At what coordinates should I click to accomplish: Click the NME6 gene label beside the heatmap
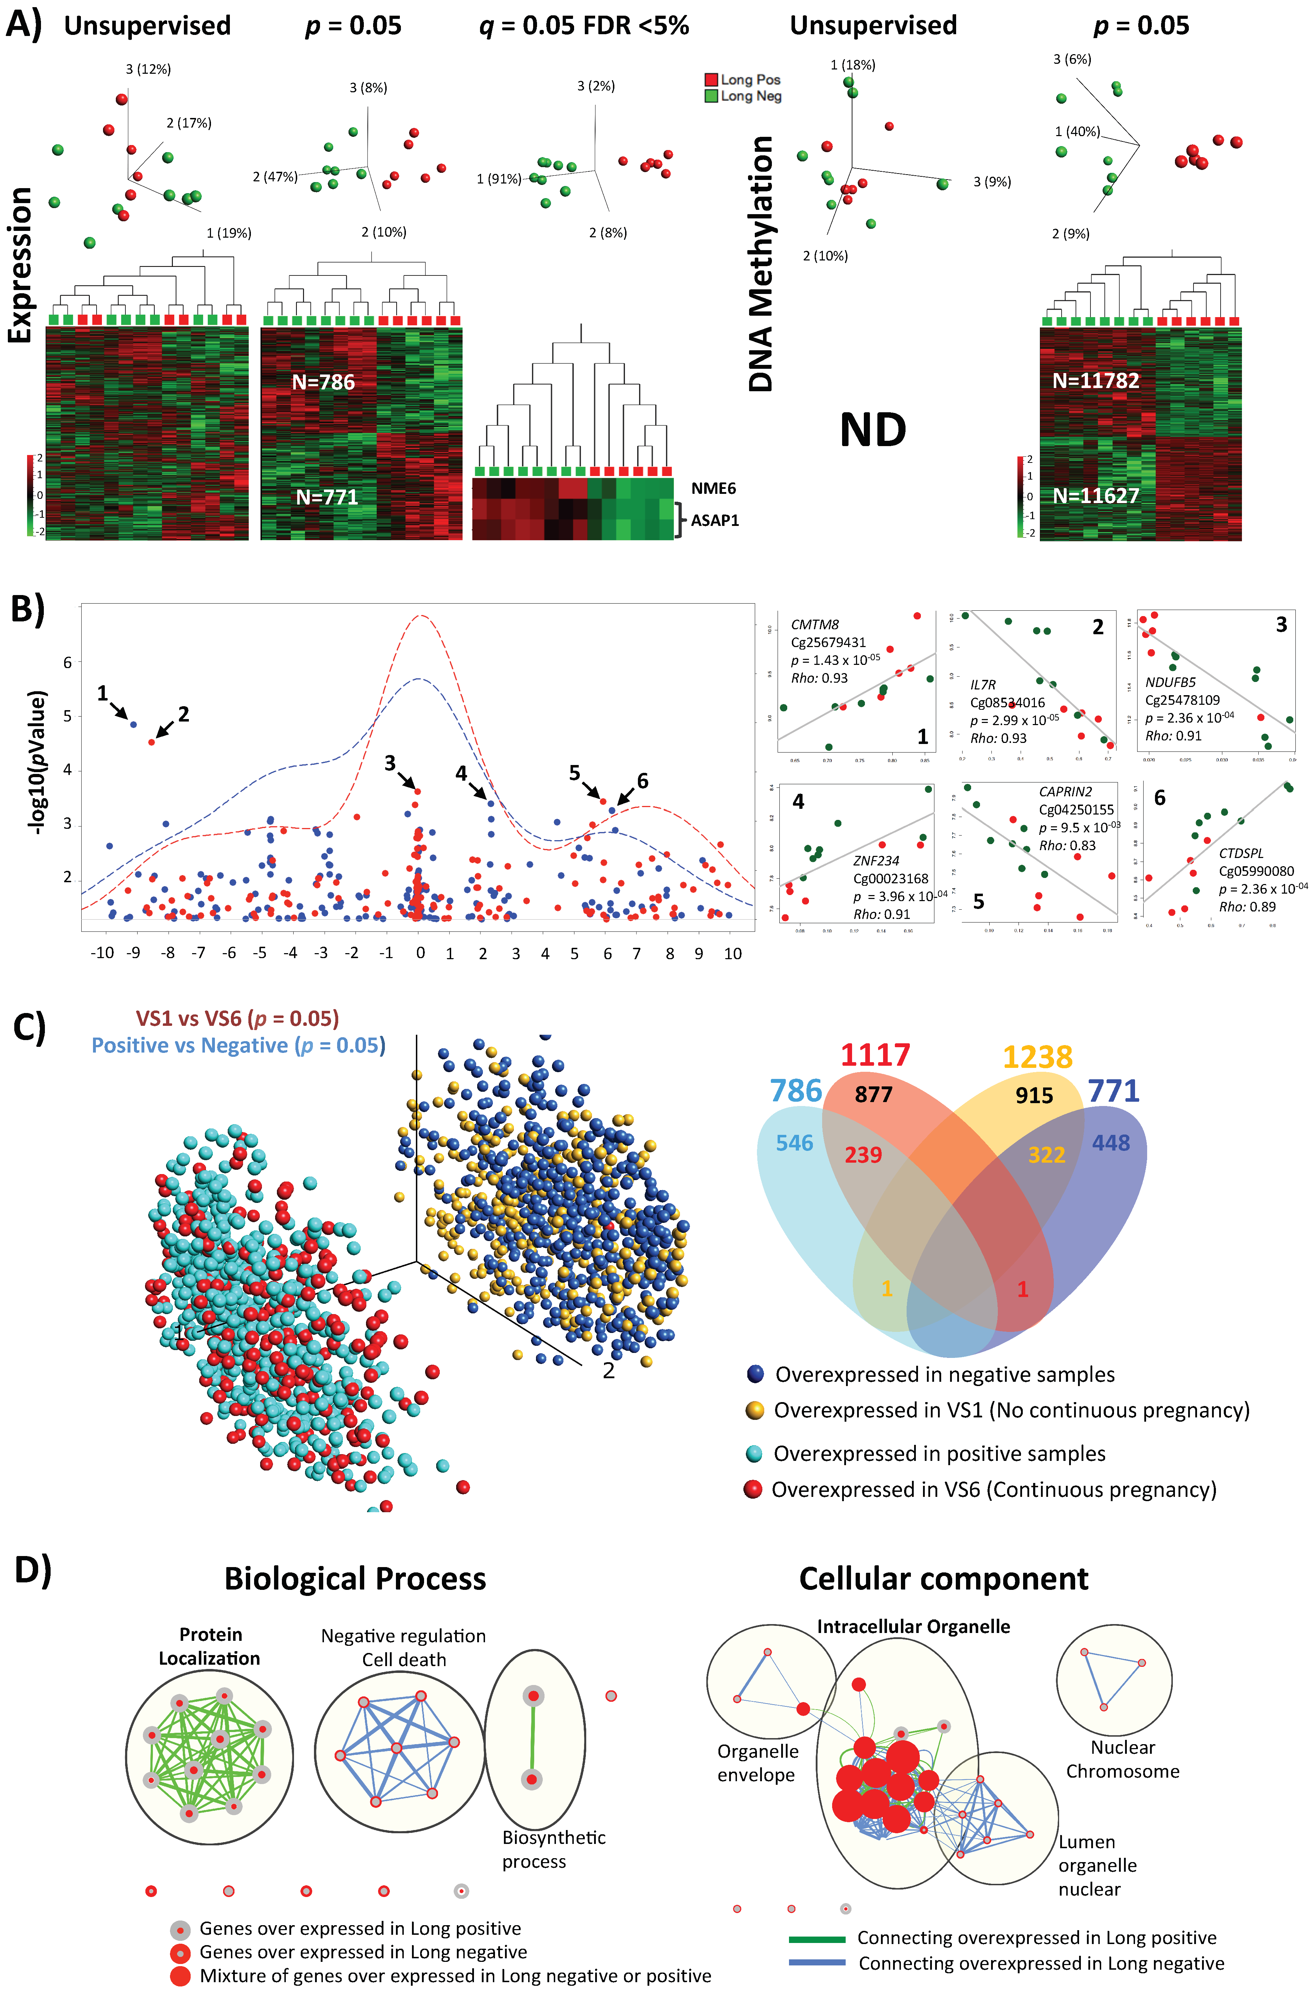[713, 488]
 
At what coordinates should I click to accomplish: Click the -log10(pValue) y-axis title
[37, 761]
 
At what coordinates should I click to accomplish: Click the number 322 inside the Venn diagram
[1047, 1155]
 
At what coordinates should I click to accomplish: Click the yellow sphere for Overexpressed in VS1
[755, 1410]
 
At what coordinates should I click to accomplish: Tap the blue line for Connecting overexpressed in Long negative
[817, 1962]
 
